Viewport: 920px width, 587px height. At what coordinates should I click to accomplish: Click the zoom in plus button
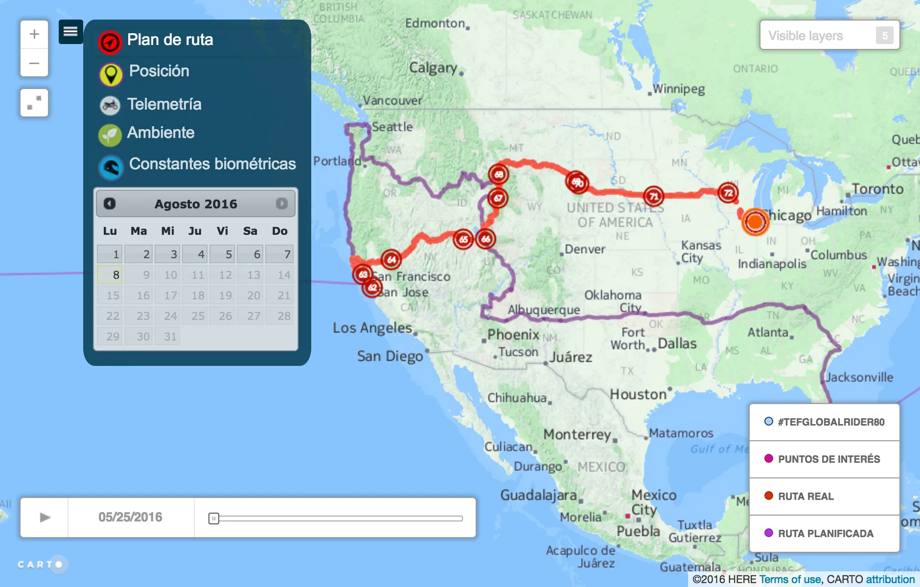(34, 34)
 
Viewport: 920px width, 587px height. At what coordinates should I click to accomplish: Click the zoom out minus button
(34, 63)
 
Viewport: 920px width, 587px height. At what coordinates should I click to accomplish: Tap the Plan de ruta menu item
(169, 40)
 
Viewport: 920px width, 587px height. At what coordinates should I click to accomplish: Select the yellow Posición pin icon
(111, 74)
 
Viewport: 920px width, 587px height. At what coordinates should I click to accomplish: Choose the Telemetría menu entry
(164, 104)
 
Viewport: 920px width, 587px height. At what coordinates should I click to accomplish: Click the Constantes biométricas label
(212, 164)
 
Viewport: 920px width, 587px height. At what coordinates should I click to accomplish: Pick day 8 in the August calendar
(110, 274)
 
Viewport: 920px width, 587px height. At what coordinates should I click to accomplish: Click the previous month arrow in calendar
(110, 203)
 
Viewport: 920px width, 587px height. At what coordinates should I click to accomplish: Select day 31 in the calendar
(169, 337)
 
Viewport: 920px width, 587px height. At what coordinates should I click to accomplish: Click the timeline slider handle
(214, 519)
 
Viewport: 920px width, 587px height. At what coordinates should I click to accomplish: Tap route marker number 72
(728, 192)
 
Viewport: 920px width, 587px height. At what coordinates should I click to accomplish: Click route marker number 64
(391, 260)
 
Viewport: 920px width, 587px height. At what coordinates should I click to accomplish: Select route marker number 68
(499, 174)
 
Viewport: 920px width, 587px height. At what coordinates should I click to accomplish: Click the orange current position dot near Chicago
(755, 222)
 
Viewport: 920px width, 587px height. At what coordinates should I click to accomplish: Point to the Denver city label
(585, 249)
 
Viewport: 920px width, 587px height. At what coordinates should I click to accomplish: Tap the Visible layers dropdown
(829, 35)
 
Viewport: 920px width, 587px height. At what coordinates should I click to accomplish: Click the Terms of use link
(790, 580)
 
